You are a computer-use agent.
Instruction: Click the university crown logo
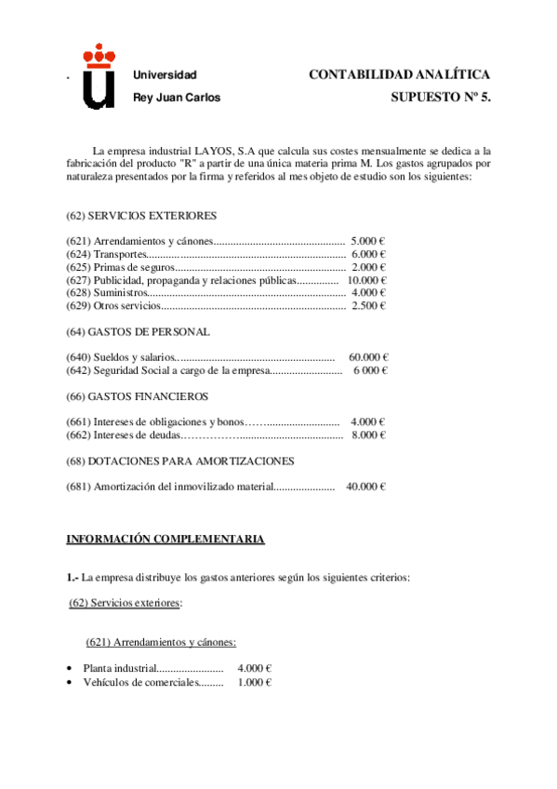click(x=99, y=79)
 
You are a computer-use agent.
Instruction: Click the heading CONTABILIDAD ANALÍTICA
click(x=399, y=74)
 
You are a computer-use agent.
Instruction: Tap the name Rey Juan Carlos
click(x=177, y=98)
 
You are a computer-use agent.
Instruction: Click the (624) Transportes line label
click(x=107, y=254)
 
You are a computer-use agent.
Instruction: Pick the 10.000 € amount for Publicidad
click(x=366, y=280)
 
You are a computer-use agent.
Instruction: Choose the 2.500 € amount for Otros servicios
click(x=368, y=306)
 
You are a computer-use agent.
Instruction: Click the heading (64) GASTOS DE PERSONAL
click(x=138, y=331)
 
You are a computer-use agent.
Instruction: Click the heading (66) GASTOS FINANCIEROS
click(x=137, y=395)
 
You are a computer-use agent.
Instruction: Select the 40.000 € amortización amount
click(x=365, y=486)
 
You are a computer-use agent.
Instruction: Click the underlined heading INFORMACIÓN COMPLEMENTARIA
click(x=165, y=539)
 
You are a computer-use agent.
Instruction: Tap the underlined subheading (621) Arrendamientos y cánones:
click(x=161, y=641)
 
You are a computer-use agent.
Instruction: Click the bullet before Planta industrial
click(x=71, y=669)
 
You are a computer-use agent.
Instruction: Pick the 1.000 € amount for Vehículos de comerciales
click(x=254, y=682)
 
